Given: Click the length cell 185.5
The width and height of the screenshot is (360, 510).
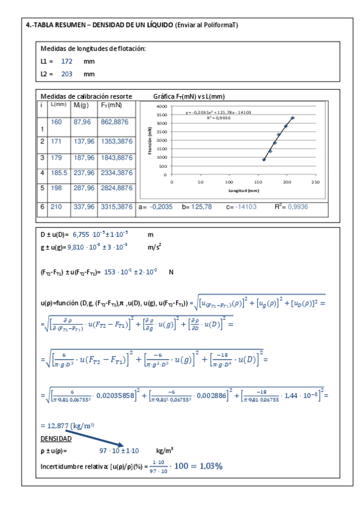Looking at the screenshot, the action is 58,173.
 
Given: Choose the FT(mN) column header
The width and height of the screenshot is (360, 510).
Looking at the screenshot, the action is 112,105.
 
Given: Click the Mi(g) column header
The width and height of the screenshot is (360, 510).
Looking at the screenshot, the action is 81,105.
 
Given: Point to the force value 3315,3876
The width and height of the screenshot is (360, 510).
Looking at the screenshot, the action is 117,207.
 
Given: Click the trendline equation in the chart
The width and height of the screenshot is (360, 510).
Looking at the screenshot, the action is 218,112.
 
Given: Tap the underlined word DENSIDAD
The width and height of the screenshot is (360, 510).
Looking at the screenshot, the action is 56,439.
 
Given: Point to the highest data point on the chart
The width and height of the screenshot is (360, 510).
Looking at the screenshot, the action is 293,118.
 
